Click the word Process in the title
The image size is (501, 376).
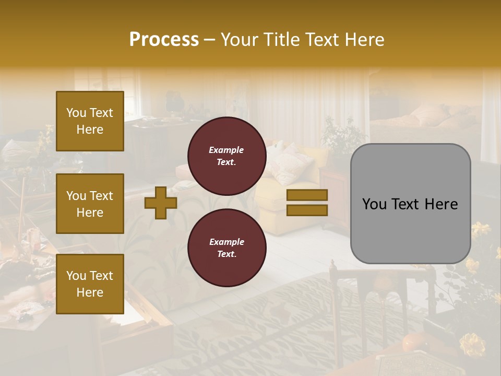click(164, 40)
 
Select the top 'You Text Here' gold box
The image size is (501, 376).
click(90, 121)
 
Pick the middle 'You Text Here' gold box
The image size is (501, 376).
click(90, 204)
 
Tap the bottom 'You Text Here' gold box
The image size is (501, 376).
click(90, 284)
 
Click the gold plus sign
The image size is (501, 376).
click(161, 203)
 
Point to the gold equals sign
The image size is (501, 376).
click(307, 203)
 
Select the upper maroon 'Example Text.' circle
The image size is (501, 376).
click(227, 156)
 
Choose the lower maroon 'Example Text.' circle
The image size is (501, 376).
click(227, 248)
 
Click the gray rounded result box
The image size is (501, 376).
click(411, 204)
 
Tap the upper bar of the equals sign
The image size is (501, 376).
click(307, 195)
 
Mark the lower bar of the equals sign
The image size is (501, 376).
click(307, 210)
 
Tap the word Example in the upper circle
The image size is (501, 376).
click(226, 150)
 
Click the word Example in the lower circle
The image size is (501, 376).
click(226, 242)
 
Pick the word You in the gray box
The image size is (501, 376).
click(374, 204)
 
